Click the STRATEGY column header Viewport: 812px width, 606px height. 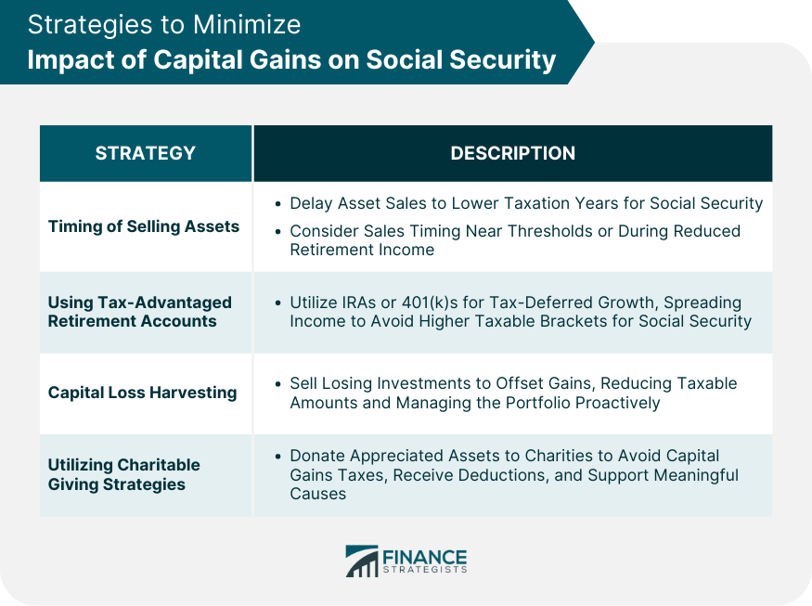click(145, 153)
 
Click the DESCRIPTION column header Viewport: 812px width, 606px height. click(512, 153)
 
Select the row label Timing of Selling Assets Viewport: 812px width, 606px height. click(144, 226)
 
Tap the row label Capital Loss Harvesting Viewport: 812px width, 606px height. click(142, 393)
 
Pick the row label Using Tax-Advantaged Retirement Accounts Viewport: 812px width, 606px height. click(139, 312)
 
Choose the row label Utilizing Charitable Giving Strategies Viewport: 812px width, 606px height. click(123, 474)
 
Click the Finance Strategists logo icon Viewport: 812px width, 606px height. click(362, 561)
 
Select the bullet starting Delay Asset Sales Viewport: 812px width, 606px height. click(525, 202)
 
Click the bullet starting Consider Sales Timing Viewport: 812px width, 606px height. click(514, 239)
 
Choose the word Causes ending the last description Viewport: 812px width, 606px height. click(317, 493)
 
